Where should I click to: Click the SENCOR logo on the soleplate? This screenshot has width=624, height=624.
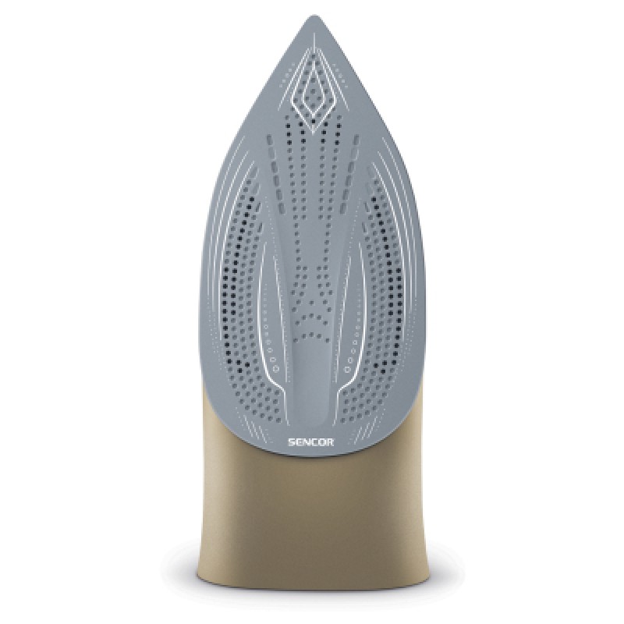(310, 441)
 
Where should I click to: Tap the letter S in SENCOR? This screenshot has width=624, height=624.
(292, 441)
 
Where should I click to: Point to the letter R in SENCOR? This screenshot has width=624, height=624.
(330, 441)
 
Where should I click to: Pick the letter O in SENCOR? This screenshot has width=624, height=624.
(322, 441)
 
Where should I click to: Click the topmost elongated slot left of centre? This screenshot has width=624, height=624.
(269, 140)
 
